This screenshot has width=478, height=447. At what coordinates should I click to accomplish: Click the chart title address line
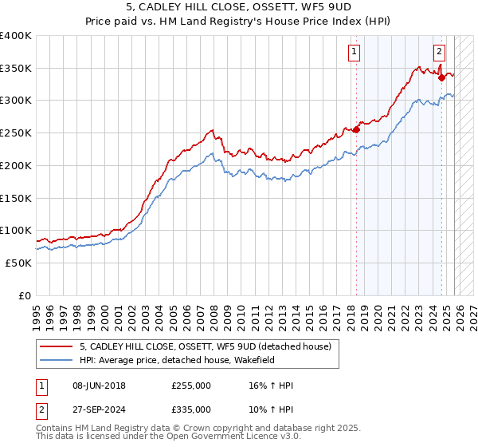[x=239, y=7]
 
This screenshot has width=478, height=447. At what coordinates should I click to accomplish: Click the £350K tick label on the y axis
[x=16, y=68]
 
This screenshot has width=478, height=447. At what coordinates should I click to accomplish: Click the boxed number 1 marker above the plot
[x=354, y=53]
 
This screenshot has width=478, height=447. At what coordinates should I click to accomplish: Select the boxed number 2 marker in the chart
[x=439, y=53]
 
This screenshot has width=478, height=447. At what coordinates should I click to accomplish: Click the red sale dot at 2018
[x=357, y=129]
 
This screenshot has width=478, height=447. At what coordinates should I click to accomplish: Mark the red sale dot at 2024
[x=441, y=77]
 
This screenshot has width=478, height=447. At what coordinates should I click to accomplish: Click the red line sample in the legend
[x=57, y=346]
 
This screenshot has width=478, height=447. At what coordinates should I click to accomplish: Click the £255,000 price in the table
[x=191, y=386]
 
